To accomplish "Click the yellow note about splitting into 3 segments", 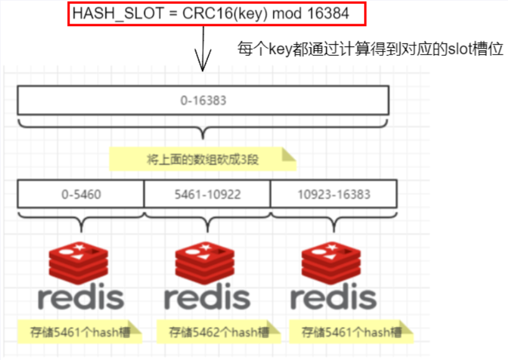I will coord(202,159).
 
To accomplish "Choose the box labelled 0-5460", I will coord(81,194).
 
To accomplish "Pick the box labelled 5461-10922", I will coord(207,194).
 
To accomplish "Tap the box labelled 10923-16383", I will coord(334,194).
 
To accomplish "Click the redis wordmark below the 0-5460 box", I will coord(81,297).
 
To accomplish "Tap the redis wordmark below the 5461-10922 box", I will coord(207,297).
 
